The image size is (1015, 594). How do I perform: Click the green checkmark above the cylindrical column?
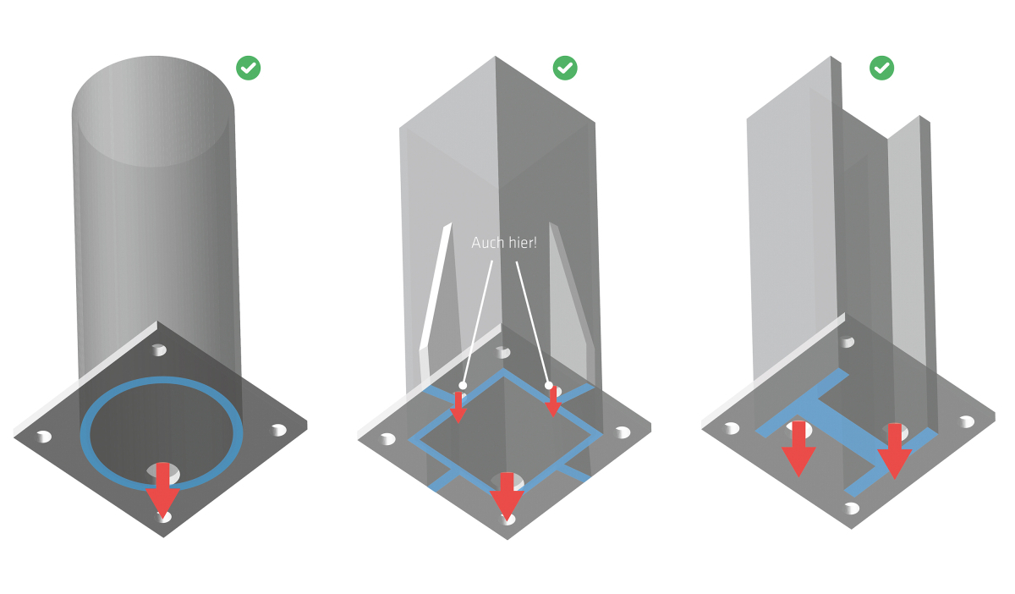[248, 68]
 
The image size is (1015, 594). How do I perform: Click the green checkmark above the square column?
[565, 68]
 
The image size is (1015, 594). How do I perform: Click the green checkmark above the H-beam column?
[882, 68]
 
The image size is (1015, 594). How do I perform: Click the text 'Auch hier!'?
[504, 243]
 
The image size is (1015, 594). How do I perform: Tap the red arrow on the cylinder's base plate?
[162, 497]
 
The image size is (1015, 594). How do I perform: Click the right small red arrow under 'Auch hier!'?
[553, 402]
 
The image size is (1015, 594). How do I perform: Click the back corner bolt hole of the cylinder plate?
[158, 349]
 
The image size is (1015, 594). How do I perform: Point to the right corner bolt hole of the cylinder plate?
[278, 430]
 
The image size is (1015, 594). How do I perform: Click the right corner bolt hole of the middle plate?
[623, 432]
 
